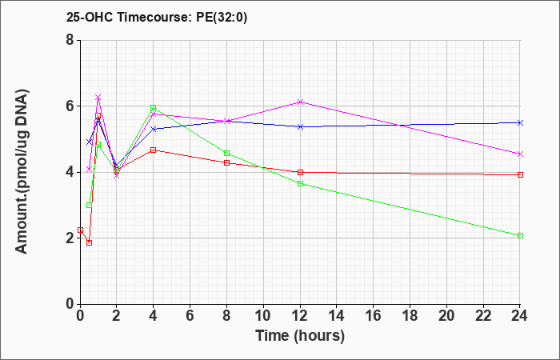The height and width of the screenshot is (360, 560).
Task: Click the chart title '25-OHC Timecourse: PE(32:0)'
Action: click(157, 17)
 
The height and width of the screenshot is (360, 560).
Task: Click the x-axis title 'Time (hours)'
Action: click(300, 336)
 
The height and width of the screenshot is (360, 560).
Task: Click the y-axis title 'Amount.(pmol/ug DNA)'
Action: click(22, 171)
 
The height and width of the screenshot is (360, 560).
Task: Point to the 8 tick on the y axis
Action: click(70, 40)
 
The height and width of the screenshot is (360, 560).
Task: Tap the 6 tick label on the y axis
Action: click(70, 106)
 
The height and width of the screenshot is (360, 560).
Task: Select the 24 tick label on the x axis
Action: click(520, 316)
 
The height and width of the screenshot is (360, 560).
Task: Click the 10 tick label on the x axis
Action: click(263, 316)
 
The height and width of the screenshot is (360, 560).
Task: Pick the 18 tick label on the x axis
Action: click(410, 316)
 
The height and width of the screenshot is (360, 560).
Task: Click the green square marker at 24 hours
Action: click(520, 236)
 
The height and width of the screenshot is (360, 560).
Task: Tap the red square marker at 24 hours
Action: click(520, 175)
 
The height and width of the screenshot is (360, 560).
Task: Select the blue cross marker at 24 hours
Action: click(520, 123)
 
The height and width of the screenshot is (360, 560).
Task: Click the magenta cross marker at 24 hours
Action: click(520, 154)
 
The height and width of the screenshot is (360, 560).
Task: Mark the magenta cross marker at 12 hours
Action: click(300, 102)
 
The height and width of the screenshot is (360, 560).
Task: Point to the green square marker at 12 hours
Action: click(300, 183)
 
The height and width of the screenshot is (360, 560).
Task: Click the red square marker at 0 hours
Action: click(80, 230)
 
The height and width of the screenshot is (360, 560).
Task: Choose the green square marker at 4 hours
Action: click(154, 107)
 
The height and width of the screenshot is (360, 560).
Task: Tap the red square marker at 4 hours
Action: click(154, 150)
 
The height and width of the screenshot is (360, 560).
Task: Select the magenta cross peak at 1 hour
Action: click(98, 98)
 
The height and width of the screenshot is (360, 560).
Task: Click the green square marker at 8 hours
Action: click(226, 154)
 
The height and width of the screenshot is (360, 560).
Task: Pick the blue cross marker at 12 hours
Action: click(300, 126)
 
